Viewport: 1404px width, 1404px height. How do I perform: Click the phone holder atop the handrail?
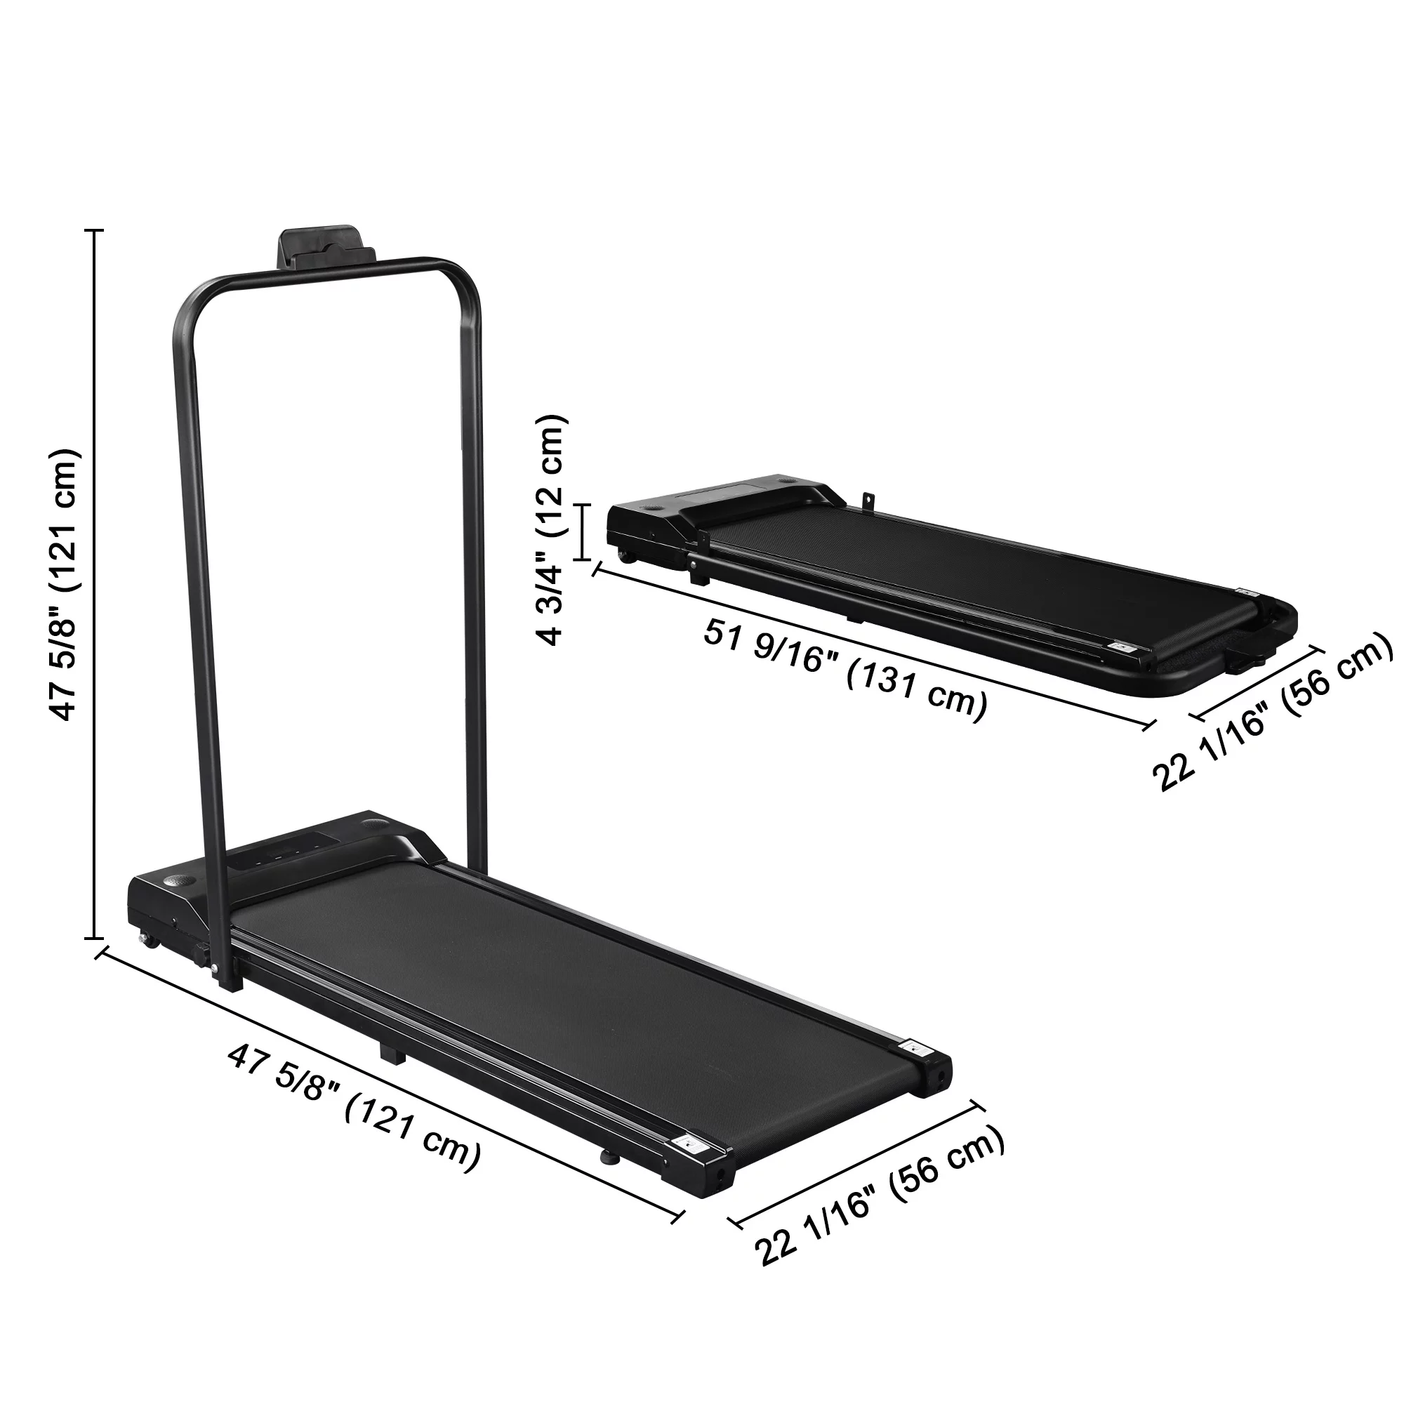(326, 248)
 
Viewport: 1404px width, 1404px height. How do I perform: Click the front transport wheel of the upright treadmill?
(150, 941)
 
